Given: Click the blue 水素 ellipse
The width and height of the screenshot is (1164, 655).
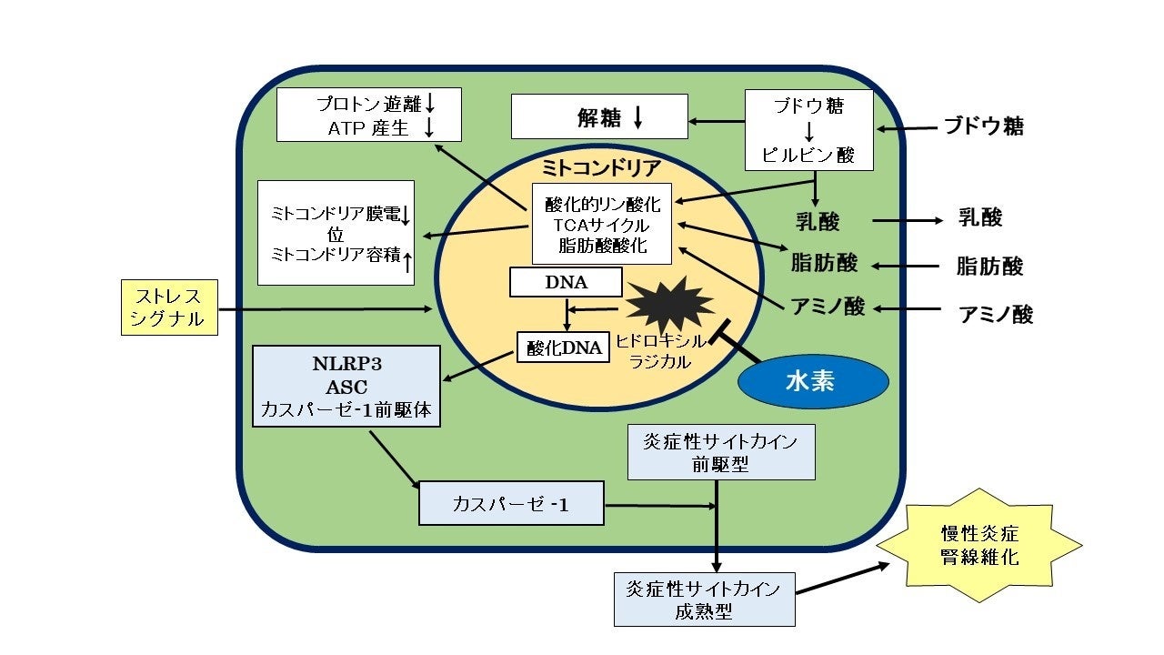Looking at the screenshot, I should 810,384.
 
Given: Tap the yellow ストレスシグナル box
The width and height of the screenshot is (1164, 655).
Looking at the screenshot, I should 169,307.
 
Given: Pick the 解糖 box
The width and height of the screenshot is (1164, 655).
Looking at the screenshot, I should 599,117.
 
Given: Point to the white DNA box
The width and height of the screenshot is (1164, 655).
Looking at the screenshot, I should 566,282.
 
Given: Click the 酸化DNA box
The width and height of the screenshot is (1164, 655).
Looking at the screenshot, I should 563,346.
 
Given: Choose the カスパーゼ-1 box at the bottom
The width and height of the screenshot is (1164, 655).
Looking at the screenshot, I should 511,503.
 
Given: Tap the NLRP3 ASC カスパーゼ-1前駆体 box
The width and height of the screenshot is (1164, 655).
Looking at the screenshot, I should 346,386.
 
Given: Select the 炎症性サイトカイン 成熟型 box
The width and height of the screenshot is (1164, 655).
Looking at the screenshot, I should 704,600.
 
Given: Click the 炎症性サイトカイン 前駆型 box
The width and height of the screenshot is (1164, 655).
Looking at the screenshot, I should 721,452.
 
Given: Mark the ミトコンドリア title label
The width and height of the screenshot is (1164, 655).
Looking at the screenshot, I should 601,167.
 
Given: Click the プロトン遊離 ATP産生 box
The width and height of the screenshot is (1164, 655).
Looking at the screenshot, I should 368,115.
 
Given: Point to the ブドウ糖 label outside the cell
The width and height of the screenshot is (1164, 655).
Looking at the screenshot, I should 983,126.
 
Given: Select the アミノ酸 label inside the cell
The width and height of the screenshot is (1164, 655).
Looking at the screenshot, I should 828,307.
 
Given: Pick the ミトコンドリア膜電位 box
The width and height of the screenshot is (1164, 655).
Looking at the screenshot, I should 336,233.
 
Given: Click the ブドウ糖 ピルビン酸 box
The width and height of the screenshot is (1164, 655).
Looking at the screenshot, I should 808,130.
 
